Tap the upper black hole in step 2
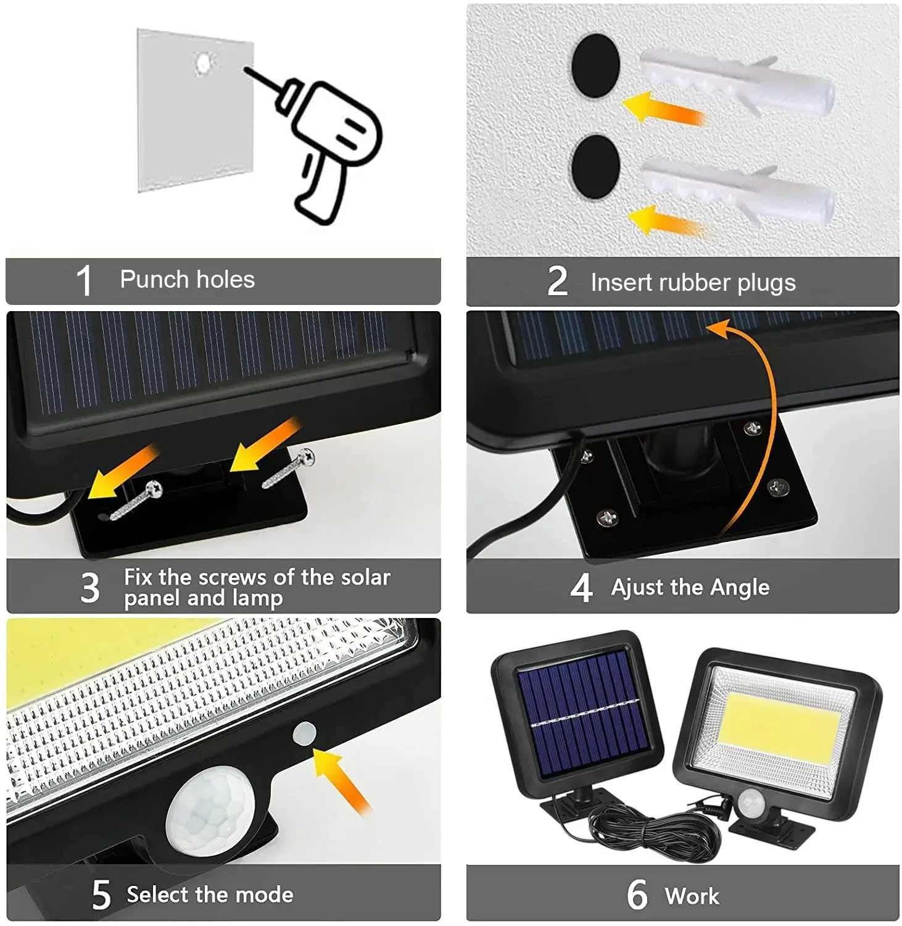click(x=595, y=65)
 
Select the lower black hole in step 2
click(x=595, y=167)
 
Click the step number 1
click(x=85, y=280)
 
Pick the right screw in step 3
click(x=288, y=469)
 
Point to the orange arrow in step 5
click(x=341, y=780)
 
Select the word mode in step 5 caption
click(x=265, y=895)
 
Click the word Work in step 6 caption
click(x=692, y=896)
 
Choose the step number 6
click(x=637, y=895)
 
